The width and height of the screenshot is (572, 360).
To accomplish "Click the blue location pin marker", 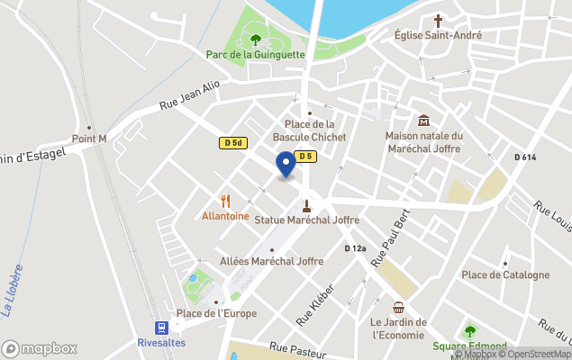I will (286, 165).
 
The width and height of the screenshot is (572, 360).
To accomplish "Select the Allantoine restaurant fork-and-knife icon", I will (225, 202).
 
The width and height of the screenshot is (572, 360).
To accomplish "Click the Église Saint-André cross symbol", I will (439, 21).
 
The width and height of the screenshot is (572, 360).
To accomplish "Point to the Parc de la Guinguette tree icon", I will (256, 40).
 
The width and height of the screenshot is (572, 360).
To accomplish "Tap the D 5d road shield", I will (232, 142).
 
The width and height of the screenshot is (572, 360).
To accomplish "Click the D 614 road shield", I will (525, 157).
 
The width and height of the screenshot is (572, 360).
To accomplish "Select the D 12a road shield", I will (356, 248).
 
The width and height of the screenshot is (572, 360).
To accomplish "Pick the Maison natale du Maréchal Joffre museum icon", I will (423, 121).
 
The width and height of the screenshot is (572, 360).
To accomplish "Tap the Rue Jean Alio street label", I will (189, 96).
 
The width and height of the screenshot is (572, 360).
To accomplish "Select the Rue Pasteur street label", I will (296, 351).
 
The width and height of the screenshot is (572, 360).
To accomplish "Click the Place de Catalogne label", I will (504, 274).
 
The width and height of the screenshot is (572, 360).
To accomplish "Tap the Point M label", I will (89, 139).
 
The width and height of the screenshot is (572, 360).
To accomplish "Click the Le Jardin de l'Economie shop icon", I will (398, 308).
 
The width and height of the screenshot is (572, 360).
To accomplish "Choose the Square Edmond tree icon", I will (468, 331).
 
